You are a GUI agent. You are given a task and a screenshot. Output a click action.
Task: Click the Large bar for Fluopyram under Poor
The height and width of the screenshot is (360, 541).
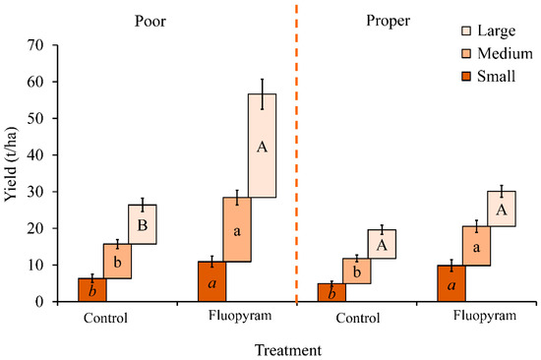tap(263, 146)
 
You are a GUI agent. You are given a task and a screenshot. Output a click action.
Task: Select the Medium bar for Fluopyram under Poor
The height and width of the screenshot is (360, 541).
tap(237, 229)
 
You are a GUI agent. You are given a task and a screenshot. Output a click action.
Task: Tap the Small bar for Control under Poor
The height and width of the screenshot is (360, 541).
tap(92, 290)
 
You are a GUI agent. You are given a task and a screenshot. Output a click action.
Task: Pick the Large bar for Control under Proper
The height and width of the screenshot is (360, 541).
tap(382, 244)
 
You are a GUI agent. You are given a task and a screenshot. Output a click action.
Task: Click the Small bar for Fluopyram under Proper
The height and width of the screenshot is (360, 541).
tap(451, 283)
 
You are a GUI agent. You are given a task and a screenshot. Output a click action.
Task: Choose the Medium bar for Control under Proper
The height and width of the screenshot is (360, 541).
tap(357, 270)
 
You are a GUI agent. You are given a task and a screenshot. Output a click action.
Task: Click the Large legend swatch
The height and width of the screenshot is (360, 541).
tap(466, 31)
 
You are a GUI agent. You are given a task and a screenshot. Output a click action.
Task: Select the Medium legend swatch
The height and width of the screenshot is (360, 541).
tap(466, 54)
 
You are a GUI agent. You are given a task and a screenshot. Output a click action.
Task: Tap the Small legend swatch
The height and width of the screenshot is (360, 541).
tap(466, 77)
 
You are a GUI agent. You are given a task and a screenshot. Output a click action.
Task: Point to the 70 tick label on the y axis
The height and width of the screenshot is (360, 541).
tap(35, 45)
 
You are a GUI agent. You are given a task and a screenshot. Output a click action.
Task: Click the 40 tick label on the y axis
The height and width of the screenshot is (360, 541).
tap(35, 154)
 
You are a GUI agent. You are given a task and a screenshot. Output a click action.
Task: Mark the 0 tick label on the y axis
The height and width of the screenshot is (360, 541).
tap(39, 301)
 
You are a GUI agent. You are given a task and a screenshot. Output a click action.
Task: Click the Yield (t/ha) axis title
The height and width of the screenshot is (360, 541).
tap(12, 164)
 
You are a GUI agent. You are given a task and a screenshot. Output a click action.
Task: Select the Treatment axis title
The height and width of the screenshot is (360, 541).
tap(288, 350)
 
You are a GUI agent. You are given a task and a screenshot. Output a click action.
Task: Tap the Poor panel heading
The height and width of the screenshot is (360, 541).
tap(150, 21)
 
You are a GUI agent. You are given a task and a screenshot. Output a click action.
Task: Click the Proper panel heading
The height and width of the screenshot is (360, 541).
tap(389, 21)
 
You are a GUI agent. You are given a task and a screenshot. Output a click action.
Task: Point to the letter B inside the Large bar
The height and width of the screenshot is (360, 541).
tap(143, 225)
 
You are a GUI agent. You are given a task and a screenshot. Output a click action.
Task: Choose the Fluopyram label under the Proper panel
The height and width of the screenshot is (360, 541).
tap(485, 316)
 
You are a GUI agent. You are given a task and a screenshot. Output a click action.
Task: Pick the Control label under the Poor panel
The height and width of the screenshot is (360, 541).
tap(105, 318)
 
